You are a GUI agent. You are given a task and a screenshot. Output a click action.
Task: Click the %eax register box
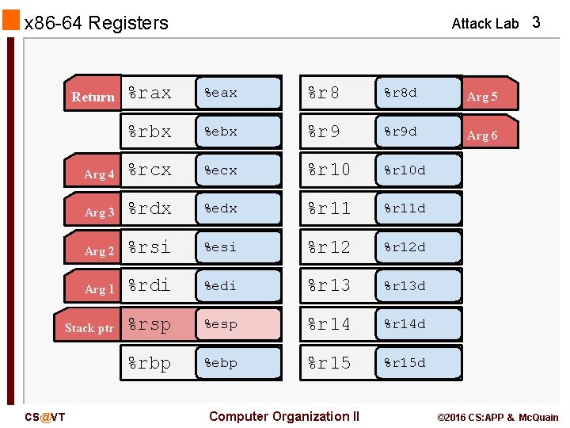point(238,93)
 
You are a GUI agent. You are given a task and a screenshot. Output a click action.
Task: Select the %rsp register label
point(150,324)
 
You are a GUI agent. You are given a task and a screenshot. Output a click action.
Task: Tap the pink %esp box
point(238,324)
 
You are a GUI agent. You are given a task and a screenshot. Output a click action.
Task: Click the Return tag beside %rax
point(93,97)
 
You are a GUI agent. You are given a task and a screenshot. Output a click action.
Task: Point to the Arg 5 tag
point(483,97)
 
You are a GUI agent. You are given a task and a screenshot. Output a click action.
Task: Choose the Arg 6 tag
point(483,136)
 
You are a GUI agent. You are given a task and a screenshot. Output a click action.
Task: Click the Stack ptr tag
point(89,327)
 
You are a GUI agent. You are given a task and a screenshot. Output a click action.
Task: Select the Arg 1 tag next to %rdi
point(99,289)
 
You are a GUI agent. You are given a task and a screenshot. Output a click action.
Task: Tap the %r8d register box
point(418,93)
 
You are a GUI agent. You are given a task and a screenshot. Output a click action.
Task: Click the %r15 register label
point(329,363)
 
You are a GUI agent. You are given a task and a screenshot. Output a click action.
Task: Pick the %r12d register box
point(418,247)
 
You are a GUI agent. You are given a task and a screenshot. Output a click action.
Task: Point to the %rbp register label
point(150,363)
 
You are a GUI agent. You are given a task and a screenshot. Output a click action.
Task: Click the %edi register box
point(238,285)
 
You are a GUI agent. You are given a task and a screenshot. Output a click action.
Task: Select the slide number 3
point(536,22)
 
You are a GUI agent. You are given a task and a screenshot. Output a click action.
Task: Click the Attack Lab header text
point(484,24)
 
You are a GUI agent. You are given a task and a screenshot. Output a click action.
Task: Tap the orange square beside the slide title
point(11,21)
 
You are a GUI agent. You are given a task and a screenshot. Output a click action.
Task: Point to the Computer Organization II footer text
point(283,416)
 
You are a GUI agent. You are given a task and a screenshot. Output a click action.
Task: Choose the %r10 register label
point(329,170)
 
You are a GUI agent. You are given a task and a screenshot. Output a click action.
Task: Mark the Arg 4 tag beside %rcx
point(99,174)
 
